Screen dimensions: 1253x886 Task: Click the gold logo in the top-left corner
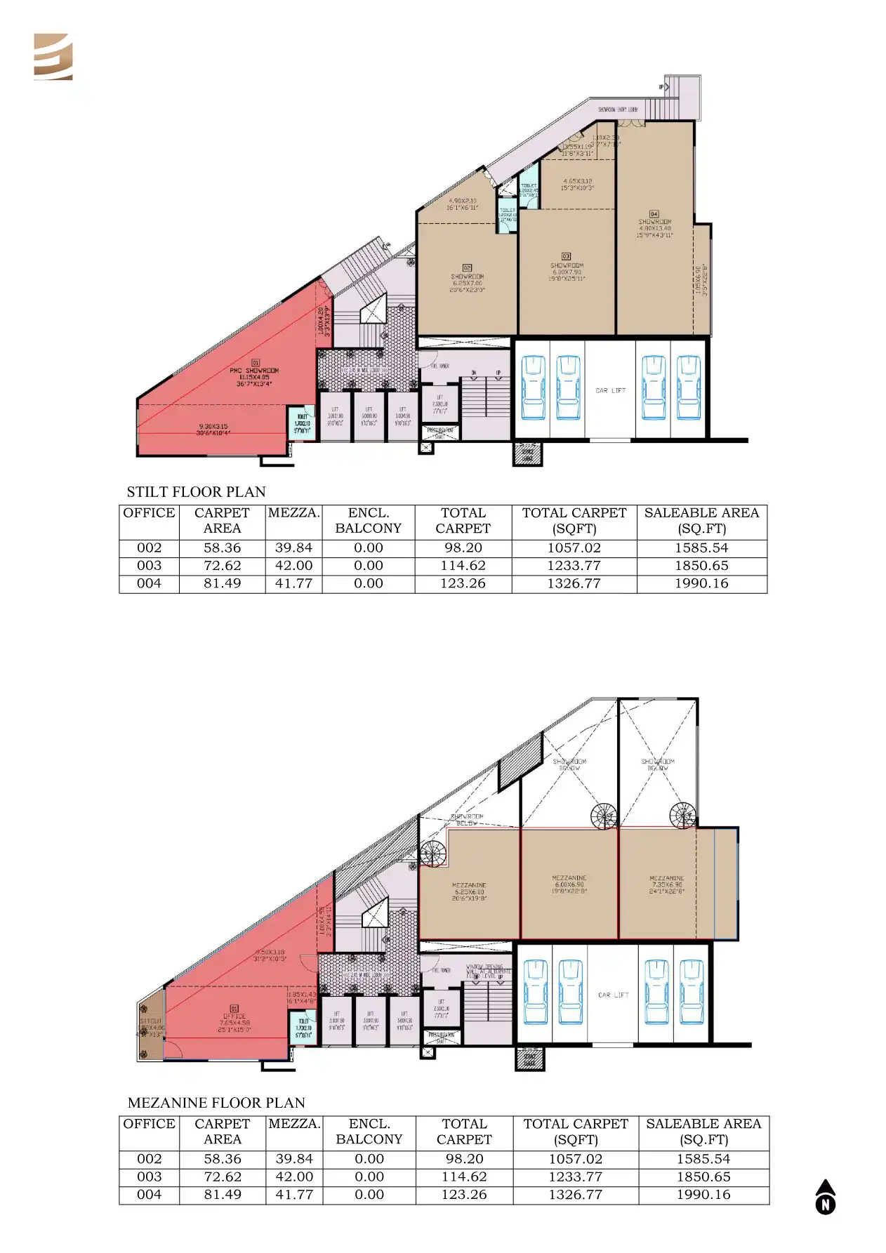[x=53, y=57]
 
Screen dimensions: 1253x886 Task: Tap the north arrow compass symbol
[x=826, y=1197]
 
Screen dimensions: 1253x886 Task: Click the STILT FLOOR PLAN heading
[x=196, y=492]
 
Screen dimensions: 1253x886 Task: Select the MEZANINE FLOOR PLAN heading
[x=216, y=1103]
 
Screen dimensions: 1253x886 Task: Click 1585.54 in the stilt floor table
[x=701, y=548]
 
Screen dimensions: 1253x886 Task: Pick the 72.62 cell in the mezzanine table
[x=223, y=1176]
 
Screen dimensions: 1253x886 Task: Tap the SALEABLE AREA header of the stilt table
[x=701, y=521]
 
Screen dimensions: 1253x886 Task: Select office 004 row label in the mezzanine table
[x=149, y=1194]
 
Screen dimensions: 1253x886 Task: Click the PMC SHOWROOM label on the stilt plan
[x=254, y=371]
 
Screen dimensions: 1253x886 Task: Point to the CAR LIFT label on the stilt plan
[x=610, y=390]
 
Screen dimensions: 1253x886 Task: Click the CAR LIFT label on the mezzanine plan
[x=613, y=995]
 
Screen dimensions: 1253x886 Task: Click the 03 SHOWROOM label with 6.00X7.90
[x=566, y=267]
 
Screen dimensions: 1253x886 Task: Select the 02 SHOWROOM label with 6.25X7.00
[x=468, y=278]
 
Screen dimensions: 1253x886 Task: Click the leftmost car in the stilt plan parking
[x=533, y=387]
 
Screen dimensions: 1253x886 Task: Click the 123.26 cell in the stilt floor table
[x=463, y=583]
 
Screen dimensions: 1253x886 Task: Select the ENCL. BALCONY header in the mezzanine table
[x=369, y=1132]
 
